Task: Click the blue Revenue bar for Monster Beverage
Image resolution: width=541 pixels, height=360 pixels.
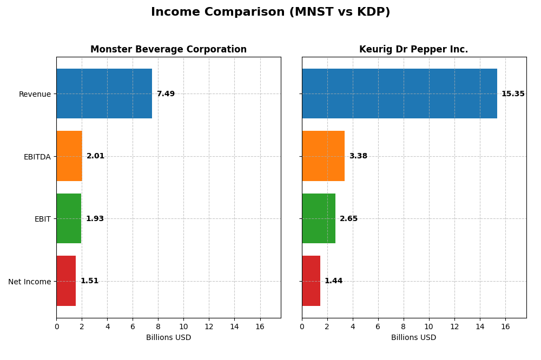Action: coord(104,94)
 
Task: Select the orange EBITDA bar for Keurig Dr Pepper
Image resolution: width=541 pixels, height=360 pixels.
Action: coord(323,156)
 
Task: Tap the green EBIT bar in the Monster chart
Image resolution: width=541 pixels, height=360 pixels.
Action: coord(69,218)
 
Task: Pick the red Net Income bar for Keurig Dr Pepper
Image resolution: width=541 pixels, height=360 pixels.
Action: coord(311,281)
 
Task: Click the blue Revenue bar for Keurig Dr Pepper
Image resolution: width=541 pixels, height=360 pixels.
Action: coord(399,94)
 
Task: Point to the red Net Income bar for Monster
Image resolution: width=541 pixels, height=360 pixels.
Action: coord(66,281)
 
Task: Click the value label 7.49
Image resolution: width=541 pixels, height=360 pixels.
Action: coord(166,94)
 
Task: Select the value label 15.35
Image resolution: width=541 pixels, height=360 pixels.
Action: coord(513,94)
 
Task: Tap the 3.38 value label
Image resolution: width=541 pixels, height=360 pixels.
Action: coord(358,156)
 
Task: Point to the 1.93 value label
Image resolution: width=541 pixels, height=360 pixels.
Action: coord(95,219)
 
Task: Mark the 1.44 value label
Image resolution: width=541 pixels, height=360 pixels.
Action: coord(333,281)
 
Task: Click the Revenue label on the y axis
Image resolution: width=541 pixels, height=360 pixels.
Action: coord(35,95)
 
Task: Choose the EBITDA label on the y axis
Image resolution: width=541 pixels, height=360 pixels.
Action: coord(37,157)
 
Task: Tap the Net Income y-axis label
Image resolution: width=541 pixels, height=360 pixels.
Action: coord(29,282)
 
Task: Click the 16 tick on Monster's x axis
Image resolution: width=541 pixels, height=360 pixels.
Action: coord(260,326)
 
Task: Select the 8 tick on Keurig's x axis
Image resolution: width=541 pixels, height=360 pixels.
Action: coord(404,326)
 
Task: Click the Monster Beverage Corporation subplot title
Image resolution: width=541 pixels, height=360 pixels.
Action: coord(168,50)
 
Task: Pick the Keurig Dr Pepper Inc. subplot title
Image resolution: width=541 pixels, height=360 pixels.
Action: coord(413,50)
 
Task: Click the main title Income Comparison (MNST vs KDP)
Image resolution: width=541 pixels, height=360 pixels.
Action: coord(270,12)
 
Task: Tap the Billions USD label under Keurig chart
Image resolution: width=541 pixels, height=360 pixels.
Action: coord(413,338)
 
